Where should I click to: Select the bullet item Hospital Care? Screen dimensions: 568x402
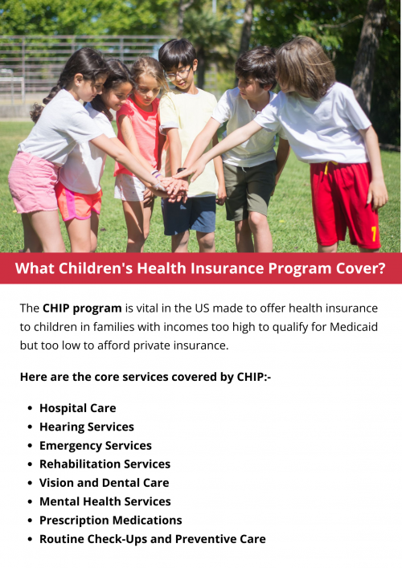[77, 408]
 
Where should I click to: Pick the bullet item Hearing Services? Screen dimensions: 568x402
[86, 427]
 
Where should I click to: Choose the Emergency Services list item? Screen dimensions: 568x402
[95, 445]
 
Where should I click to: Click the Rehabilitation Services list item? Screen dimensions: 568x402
[105, 464]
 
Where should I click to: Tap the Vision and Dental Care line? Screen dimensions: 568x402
[104, 483]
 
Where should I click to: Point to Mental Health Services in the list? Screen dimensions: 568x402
[105, 501]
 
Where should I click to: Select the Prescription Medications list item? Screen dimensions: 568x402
[110, 520]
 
